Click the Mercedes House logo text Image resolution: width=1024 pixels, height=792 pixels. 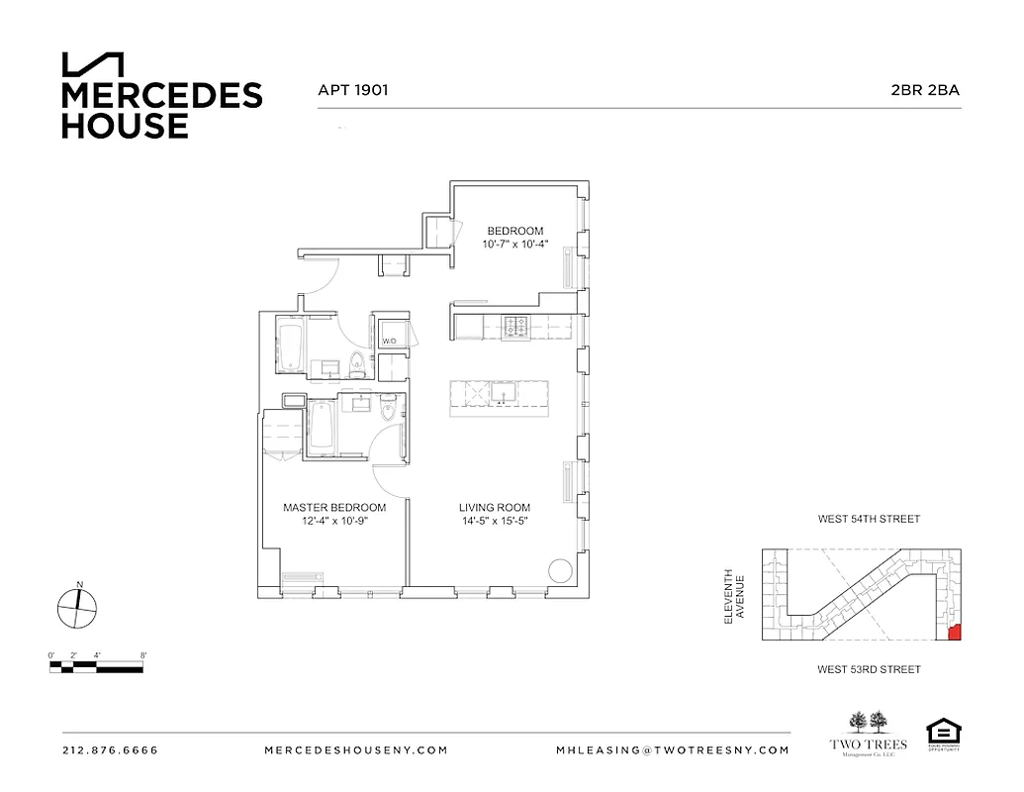pyautogui.click(x=161, y=110)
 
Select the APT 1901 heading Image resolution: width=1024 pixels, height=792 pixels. pyautogui.click(x=352, y=89)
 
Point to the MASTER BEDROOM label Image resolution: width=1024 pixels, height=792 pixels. pyautogui.click(x=334, y=508)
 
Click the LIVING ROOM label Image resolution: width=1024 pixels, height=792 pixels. pyautogui.click(x=495, y=508)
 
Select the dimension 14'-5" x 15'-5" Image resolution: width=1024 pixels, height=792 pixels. pyautogui.click(x=495, y=522)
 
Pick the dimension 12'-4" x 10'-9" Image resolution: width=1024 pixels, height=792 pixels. pyautogui.click(x=334, y=522)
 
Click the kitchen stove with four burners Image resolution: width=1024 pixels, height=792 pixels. pyautogui.click(x=515, y=325)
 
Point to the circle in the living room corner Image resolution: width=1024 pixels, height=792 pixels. pyautogui.click(x=559, y=571)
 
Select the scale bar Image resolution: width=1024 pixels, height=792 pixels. pyautogui.click(x=98, y=665)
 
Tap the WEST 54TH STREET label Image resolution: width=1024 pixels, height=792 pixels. pyautogui.click(x=869, y=519)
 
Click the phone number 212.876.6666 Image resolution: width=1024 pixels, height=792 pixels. pyautogui.click(x=109, y=750)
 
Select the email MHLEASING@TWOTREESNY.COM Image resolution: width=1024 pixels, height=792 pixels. pyautogui.click(x=673, y=750)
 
